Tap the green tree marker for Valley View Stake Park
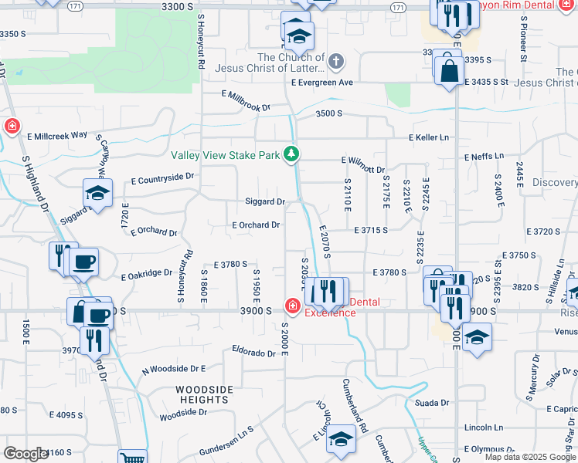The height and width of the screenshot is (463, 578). [x=291, y=155]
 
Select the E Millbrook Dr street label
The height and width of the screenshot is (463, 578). [x=246, y=100]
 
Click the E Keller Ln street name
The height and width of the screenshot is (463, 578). [x=429, y=137]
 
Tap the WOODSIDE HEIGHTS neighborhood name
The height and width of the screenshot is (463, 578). [x=202, y=394]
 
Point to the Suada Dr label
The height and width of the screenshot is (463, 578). [x=432, y=403]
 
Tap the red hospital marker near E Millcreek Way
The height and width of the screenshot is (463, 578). [x=12, y=127]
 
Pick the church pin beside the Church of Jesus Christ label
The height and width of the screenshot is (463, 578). [x=336, y=61]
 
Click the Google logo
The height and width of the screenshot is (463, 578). [x=26, y=455]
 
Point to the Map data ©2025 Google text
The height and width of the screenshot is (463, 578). [x=531, y=457]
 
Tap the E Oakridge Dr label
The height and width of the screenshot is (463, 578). [x=147, y=273]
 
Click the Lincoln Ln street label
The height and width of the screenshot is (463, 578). [x=484, y=428]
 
